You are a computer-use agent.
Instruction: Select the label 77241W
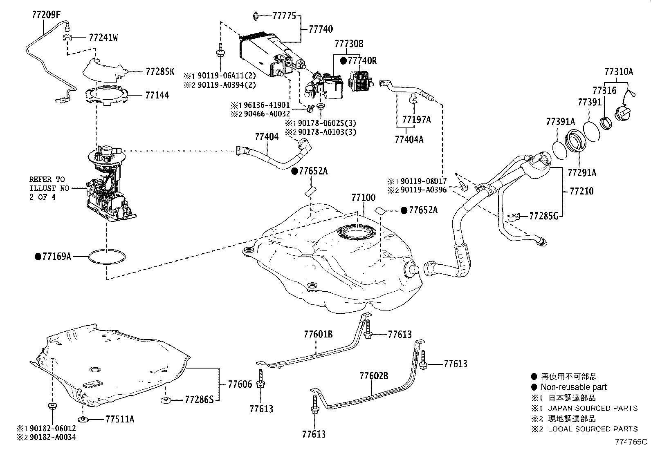(x=103, y=38)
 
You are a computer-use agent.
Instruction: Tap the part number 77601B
(x=318, y=334)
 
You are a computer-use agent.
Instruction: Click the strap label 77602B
(x=374, y=376)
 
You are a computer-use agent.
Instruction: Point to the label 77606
(x=240, y=384)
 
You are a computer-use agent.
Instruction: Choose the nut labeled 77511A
(x=120, y=419)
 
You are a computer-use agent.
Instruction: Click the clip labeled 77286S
(x=199, y=400)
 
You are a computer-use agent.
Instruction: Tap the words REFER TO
(x=47, y=179)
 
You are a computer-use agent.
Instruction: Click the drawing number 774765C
(x=632, y=442)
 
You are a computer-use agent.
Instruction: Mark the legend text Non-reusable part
(x=573, y=387)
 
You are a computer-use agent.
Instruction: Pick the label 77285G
(x=543, y=216)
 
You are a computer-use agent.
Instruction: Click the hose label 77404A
(x=409, y=139)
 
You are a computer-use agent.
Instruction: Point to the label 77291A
(x=582, y=173)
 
